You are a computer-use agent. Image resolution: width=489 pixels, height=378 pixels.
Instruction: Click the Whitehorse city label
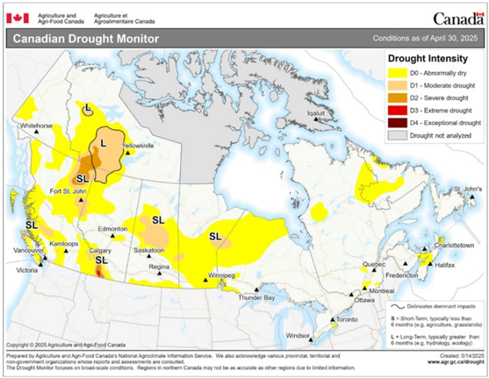36,126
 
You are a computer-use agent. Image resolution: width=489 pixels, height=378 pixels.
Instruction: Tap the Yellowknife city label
139,146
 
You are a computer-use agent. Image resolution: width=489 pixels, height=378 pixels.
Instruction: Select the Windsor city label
299,335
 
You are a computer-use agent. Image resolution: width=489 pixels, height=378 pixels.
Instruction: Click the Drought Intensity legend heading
428,59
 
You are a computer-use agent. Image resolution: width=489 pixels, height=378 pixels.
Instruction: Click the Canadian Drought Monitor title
86,39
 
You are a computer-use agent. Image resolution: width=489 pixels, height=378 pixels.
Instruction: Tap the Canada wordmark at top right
458,18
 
